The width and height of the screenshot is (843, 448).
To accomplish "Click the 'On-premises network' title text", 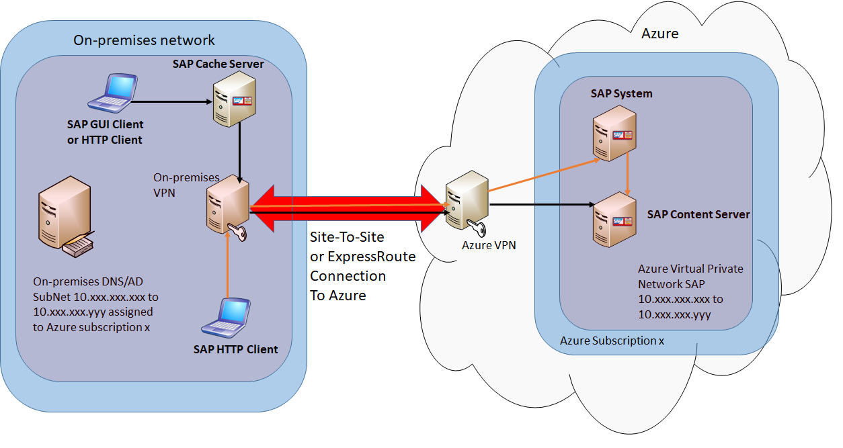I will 144,40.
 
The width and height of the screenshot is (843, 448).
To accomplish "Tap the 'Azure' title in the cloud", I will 660,34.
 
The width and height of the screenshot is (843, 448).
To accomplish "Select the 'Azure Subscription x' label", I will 612,341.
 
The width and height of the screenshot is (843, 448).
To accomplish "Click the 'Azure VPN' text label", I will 489,245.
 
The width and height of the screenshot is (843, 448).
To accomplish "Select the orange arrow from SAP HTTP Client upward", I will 228,269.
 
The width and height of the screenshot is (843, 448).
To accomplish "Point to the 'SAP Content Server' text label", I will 698,215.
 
